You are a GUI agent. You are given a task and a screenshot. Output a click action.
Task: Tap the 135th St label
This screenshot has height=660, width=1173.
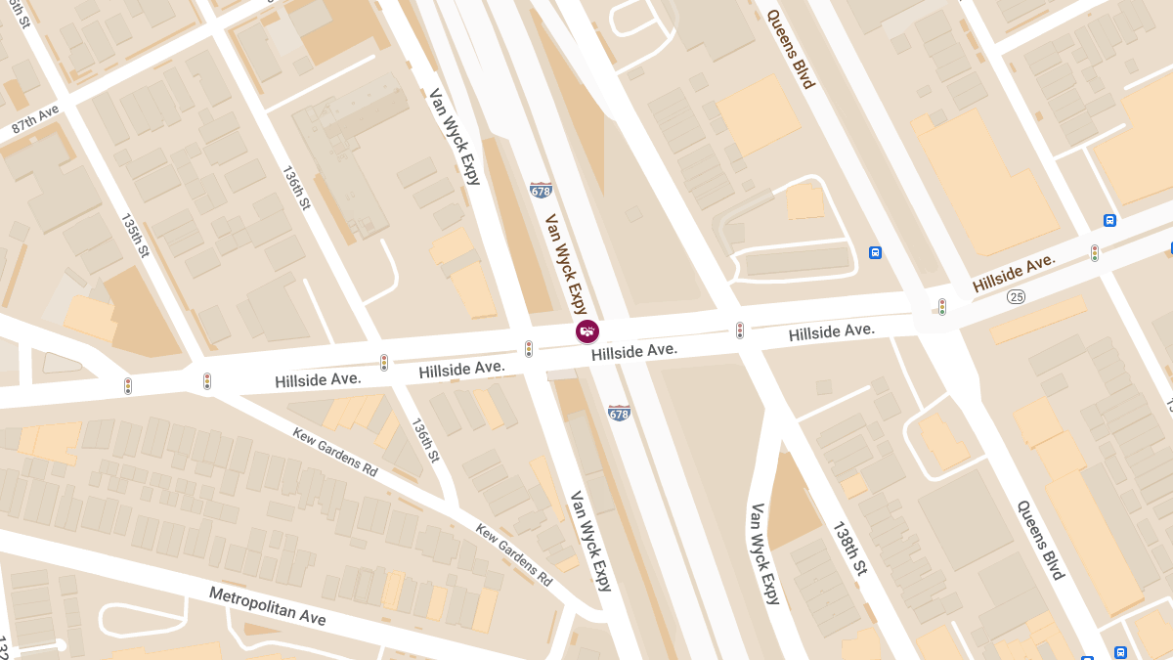pyautogui.click(x=135, y=236)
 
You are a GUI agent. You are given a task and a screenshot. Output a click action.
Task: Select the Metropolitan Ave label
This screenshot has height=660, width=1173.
pyautogui.click(x=267, y=606)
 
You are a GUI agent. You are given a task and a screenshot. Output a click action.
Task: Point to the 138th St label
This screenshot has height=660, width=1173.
pyautogui.click(x=849, y=548)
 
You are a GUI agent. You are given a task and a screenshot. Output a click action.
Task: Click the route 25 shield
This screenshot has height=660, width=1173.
pyautogui.click(x=1018, y=294)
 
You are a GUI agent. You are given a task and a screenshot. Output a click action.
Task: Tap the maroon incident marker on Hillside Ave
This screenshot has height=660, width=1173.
pyautogui.click(x=586, y=331)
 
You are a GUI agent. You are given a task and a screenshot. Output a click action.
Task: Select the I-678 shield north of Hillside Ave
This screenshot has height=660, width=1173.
pyautogui.click(x=541, y=191)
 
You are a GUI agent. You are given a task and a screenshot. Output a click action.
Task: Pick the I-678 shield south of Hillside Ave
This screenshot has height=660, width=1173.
pyautogui.click(x=619, y=413)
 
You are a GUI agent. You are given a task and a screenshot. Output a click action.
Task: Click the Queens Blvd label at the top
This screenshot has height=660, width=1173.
pyautogui.click(x=790, y=49)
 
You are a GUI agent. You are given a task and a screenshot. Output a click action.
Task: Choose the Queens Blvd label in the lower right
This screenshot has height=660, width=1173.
pyautogui.click(x=1039, y=540)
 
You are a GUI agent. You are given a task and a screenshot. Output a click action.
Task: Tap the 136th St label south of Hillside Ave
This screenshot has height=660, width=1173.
pyautogui.click(x=426, y=442)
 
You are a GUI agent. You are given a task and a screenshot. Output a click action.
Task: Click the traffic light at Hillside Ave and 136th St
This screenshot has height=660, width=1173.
pyautogui.click(x=384, y=362)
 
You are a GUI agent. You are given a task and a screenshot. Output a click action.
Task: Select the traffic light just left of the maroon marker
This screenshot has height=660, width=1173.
pyautogui.click(x=529, y=348)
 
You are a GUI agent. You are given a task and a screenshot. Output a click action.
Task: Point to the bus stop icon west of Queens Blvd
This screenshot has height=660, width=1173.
pyautogui.click(x=875, y=252)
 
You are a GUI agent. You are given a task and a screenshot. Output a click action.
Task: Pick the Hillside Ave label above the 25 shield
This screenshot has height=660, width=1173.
pyautogui.click(x=1014, y=273)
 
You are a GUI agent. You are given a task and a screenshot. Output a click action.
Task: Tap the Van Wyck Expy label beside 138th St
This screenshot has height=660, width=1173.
pyautogui.click(x=764, y=554)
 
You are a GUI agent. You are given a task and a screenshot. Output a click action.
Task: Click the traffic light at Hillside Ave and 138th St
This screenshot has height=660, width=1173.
pyautogui.click(x=740, y=330)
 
